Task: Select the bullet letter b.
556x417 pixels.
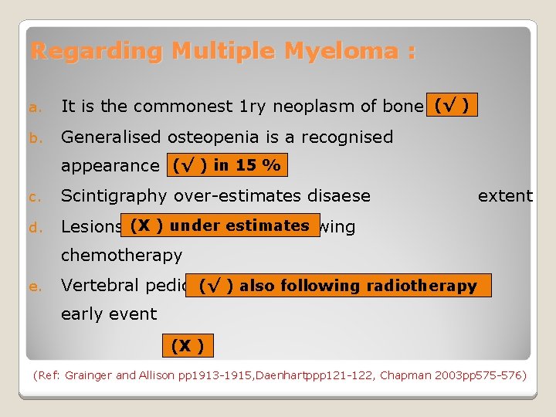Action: pyautogui.click(x=35, y=138)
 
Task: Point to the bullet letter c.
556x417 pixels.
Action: pyautogui.click(x=35, y=197)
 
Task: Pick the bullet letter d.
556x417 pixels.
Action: pyautogui.click(x=35, y=228)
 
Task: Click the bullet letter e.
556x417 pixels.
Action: pyautogui.click(x=35, y=286)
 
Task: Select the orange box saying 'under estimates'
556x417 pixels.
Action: pyautogui.click(x=220, y=225)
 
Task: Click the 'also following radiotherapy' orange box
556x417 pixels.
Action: pyautogui.click(x=338, y=285)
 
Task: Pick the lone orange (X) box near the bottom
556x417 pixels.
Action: pyautogui.click(x=188, y=345)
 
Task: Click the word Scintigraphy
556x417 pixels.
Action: pyautogui.click(x=114, y=196)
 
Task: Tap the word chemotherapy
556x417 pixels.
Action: pyautogui.click(x=121, y=255)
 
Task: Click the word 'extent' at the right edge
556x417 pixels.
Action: pyautogui.click(x=505, y=196)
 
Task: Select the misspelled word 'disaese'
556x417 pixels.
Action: pyautogui.click(x=338, y=196)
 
